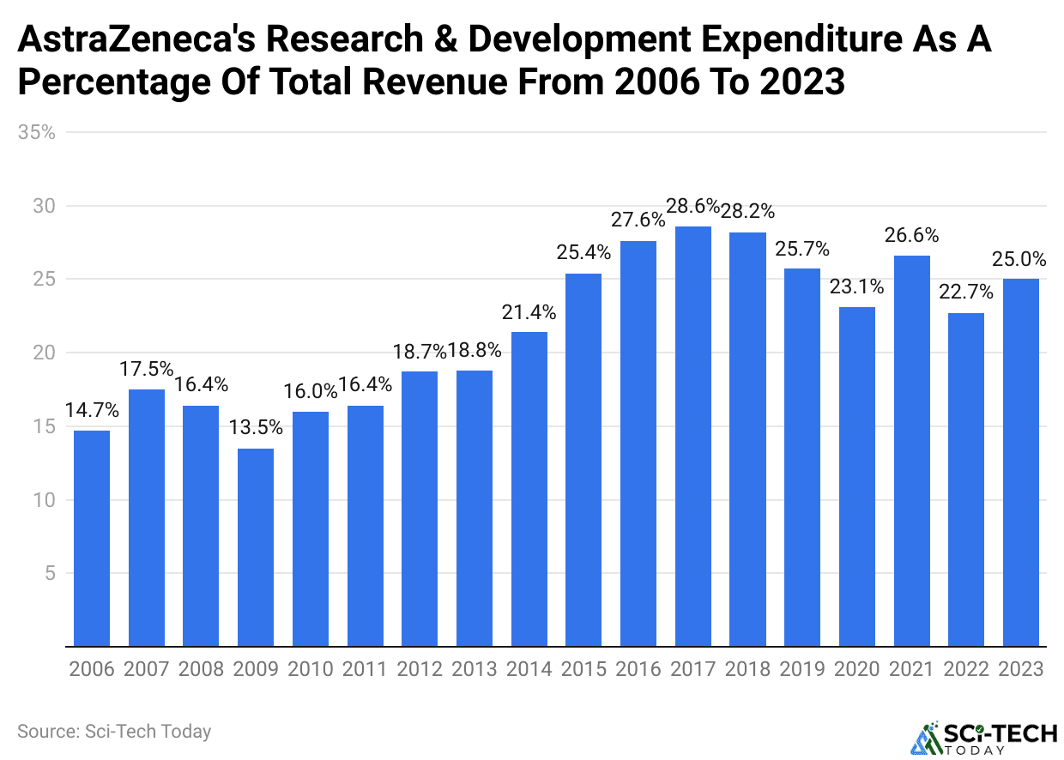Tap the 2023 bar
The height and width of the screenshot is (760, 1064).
pyautogui.click(x=1021, y=462)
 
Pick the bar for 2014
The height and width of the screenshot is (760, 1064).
pyautogui.click(x=529, y=489)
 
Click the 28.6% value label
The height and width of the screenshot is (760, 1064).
pyautogui.click(x=693, y=206)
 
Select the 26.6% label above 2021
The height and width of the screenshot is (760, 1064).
pyautogui.click(x=911, y=235)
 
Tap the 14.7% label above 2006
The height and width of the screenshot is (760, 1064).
pyautogui.click(x=91, y=410)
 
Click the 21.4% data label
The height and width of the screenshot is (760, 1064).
pyautogui.click(x=529, y=312)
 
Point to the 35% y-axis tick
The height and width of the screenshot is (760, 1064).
pyautogui.click(x=37, y=132)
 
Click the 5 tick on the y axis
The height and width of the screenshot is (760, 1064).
pyautogui.click(x=49, y=573)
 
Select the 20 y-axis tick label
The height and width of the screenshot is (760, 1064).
pyautogui.click(x=44, y=353)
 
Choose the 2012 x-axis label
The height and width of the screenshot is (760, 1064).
pyautogui.click(x=420, y=669)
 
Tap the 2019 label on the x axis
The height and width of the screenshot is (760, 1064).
pyautogui.click(x=803, y=669)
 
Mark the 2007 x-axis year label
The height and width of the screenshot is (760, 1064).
pyautogui.click(x=146, y=669)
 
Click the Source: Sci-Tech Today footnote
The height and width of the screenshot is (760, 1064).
pyautogui.click(x=113, y=732)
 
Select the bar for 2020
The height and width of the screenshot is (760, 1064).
pyautogui.click(x=857, y=476)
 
